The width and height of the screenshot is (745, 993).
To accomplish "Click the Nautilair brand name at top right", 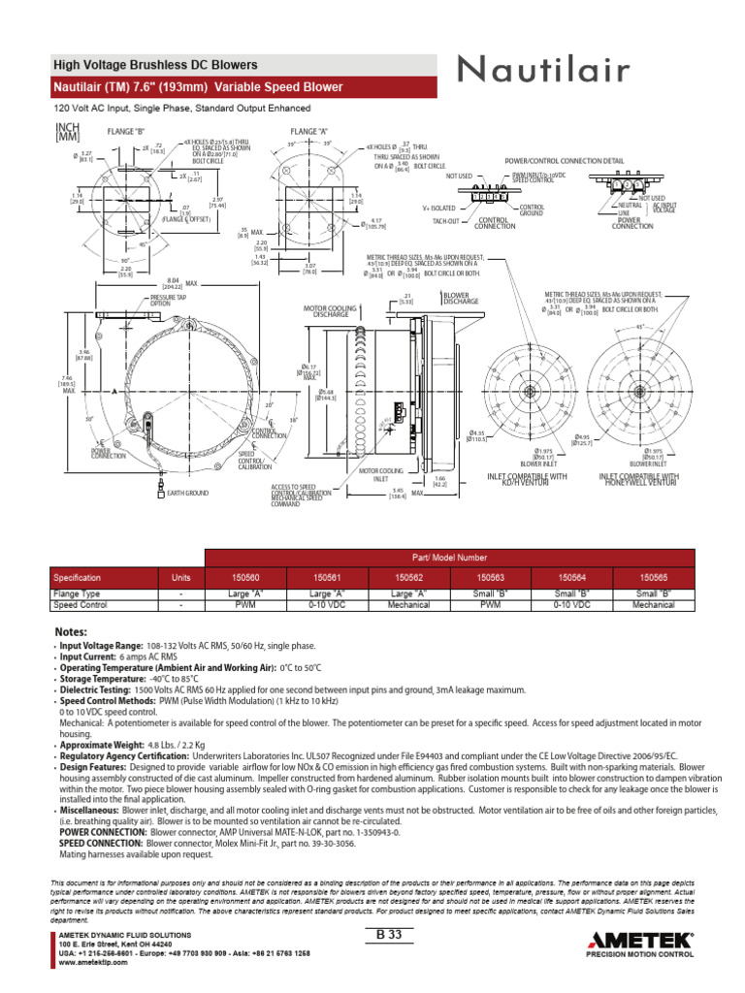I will (545, 70).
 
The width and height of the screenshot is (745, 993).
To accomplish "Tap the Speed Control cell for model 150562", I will (408, 604).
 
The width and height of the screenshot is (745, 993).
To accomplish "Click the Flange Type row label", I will (77, 593).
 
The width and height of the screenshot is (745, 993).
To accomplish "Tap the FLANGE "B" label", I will (127, 130).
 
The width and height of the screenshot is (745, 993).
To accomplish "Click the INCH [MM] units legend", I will (67, 132).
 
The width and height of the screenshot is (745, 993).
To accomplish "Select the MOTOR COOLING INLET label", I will (380, 474).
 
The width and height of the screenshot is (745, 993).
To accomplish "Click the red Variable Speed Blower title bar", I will (243, 87).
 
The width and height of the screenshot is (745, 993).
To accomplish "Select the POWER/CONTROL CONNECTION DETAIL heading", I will (565, 160).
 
